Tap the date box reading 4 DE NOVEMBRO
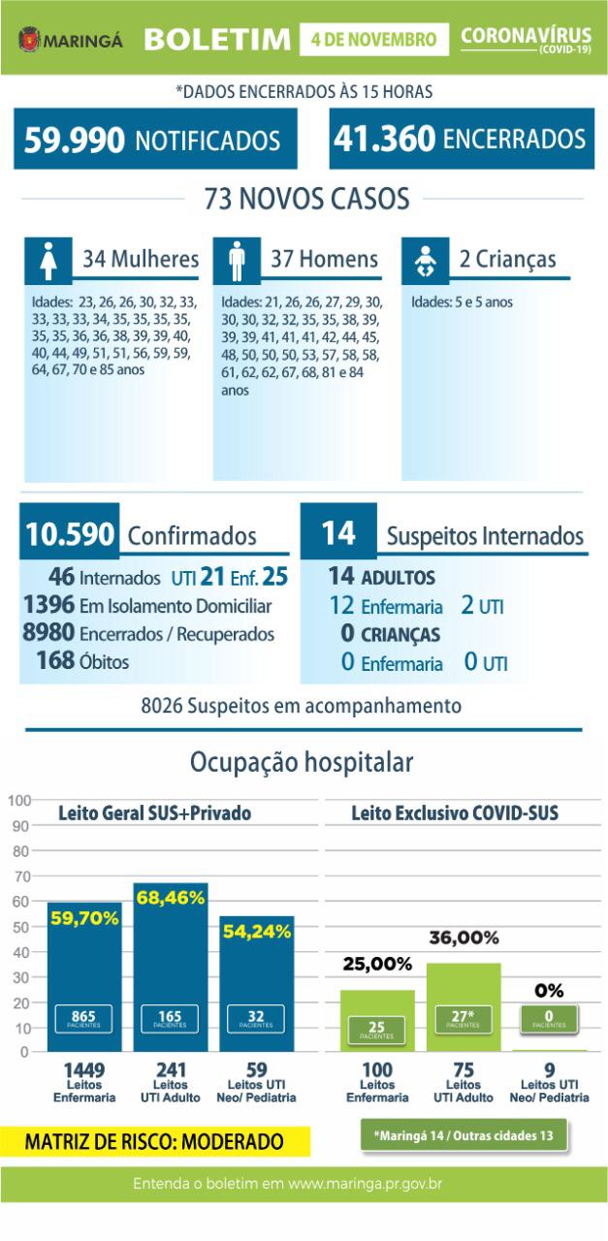point(374,40)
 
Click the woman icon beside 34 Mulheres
point(47,261)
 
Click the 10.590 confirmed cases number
point(70,534)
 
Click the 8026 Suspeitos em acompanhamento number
point(162,705)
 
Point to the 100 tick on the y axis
point(17,801)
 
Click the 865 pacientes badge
point(83,1018)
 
